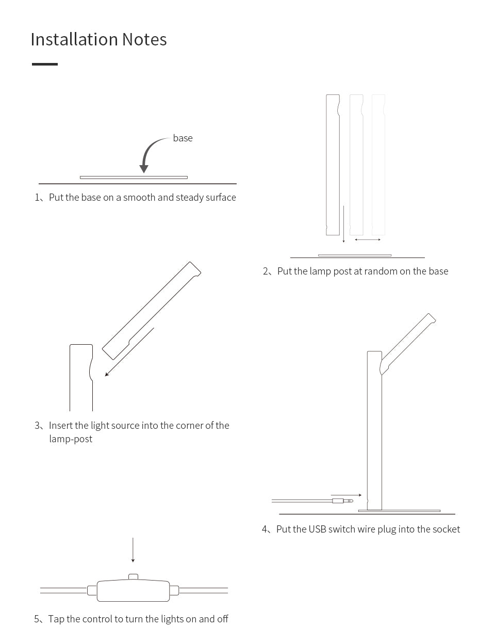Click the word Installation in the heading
coord(74,40)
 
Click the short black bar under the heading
coord(45,64)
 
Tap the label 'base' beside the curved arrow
coord(183,138)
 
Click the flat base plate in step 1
coord(134,178)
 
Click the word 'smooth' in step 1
coord(139,198)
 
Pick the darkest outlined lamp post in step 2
coord(333,165)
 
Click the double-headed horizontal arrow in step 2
coord(368,239)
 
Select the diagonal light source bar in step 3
coord(152,310)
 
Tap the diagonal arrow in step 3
coord(129,352)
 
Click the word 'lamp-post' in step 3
coord(71,439)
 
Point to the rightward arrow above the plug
coord(346,495)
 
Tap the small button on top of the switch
coord(133,576)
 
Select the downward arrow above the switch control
coord(133,550)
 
